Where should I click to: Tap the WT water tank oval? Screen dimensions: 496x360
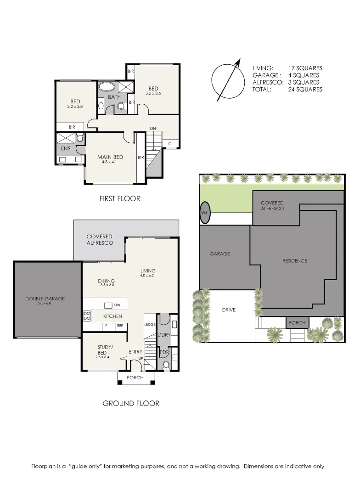pyautogui.click(x=205, y=213)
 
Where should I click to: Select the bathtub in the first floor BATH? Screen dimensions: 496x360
pyautogui.click(x=107, y=86)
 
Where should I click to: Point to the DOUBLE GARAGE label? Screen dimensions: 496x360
pyautogui.click(x=45, y=299)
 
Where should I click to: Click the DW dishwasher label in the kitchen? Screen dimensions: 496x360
pyautogui.click(x=117, y=305)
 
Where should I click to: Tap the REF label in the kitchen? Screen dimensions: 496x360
pyautogui.click(x=120, y=326)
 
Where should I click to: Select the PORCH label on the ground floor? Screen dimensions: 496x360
pyautogui.click(x=135, y=378)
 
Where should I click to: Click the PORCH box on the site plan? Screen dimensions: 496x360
pyautogui.click(x=297, y=323)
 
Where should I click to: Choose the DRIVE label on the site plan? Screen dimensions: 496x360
pyautogui.click(x=229, y=310)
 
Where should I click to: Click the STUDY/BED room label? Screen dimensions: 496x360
pyautogui.click(x=102, y=350)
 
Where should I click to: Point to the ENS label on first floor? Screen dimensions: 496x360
pyautogui.click(x=66, y=148)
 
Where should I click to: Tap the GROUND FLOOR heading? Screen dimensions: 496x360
pyautogui.click(x=131, y=403)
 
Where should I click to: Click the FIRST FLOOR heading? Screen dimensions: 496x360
pyautogui.click(x=120, y=199)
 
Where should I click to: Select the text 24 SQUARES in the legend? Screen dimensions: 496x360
pyautogui.click(x=305, y=90)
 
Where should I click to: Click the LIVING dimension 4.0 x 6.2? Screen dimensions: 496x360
pyautogui.click(x=148, y=276)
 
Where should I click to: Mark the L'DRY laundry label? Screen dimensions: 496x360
pyautogui.click(x=164, y=335)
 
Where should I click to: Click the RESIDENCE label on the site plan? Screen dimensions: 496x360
pyautogui.click(x=294, y=261)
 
